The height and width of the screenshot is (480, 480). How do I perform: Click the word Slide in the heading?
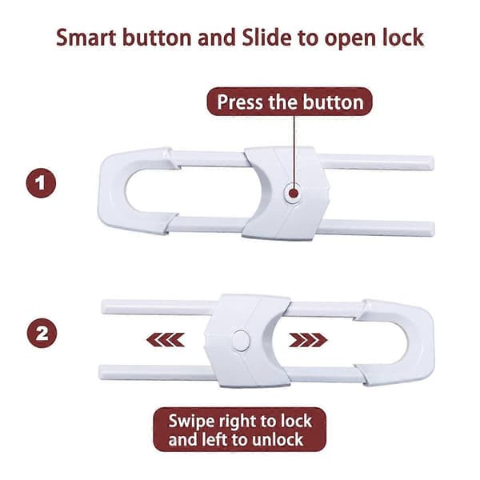click(266, 38)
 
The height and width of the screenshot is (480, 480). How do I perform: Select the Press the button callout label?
click(290, 102)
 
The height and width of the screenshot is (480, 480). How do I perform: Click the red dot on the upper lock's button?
click(294, 193)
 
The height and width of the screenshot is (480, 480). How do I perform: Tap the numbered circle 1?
click(41, 183)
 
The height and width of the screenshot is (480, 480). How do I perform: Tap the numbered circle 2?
click(42, 333)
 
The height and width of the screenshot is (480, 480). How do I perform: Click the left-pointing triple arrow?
click(166, 340)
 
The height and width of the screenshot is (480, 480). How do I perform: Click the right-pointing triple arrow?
click(308, 340)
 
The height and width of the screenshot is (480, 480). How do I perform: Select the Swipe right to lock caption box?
click(240, 430)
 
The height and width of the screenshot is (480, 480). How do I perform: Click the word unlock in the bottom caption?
click(277, 439)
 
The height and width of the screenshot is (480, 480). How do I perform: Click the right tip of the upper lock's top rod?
click(433, 163)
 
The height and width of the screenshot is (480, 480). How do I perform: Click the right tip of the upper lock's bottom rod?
click(434, 229)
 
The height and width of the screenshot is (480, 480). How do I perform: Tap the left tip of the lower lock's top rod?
click(102, 306)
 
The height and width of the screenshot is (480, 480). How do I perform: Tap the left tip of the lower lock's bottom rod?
click(100, 372)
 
